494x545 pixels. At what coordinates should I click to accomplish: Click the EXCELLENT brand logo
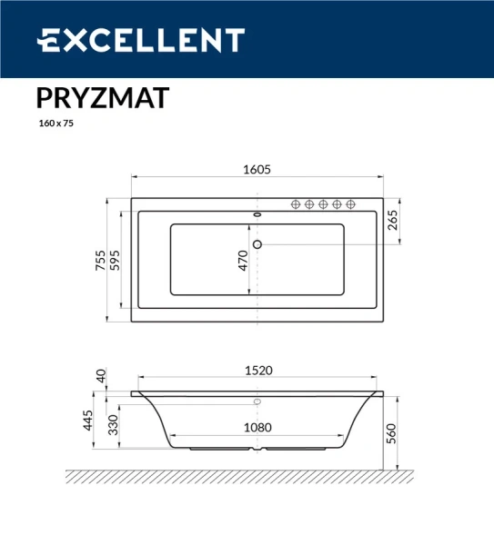(x=140, y=40)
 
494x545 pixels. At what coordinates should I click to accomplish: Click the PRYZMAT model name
(x=102, y=97)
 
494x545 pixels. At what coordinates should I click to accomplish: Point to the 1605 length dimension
(x=257, y=169)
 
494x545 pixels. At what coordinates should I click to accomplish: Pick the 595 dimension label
(x=116, y=259)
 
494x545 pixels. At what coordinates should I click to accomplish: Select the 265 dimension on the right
(x=393, y=221)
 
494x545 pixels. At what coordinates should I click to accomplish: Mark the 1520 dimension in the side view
(x=257, y=370)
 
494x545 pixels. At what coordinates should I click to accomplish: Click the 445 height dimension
(x=90, y=421)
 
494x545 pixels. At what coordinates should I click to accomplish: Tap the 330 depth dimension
(x=113, y=425)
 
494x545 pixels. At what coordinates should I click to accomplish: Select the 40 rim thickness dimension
(x=101, y=374)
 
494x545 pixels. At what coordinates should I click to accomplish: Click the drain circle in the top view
(x=257, y=243)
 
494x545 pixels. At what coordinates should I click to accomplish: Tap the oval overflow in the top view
(x=257, y=216)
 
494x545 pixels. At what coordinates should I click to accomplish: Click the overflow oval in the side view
(x=257, y=401)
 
